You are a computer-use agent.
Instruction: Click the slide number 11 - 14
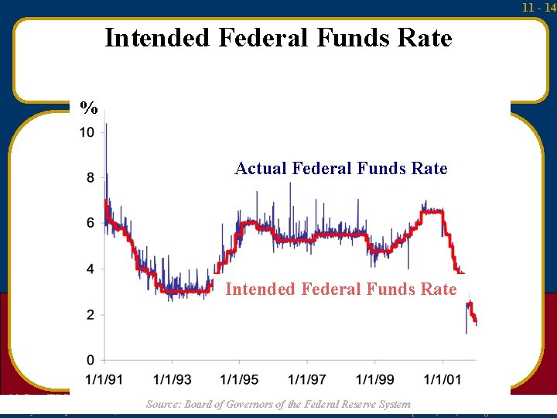coord(538,7)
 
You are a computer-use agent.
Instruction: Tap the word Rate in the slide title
coord(425,37)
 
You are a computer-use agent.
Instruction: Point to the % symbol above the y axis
coord(89,108)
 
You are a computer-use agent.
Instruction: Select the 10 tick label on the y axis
coord(87,132)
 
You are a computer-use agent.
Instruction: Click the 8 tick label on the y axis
coord(91,178)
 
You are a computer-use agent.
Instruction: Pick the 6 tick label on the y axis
coord(91,223)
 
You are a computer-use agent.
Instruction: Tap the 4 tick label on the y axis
coord(91,269)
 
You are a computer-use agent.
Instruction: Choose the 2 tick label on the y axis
coord(91,314)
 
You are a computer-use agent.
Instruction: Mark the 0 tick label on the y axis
coord(91,360)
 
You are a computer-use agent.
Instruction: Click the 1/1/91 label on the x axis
coord(104,379)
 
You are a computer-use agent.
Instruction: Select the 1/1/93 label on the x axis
coord(172,379)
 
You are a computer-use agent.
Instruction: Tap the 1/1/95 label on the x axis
coord(240,379)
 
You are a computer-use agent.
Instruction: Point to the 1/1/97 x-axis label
coord(307,379)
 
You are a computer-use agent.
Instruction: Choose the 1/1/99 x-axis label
coord(375,379)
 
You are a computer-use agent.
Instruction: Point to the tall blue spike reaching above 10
coord(105,135)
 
